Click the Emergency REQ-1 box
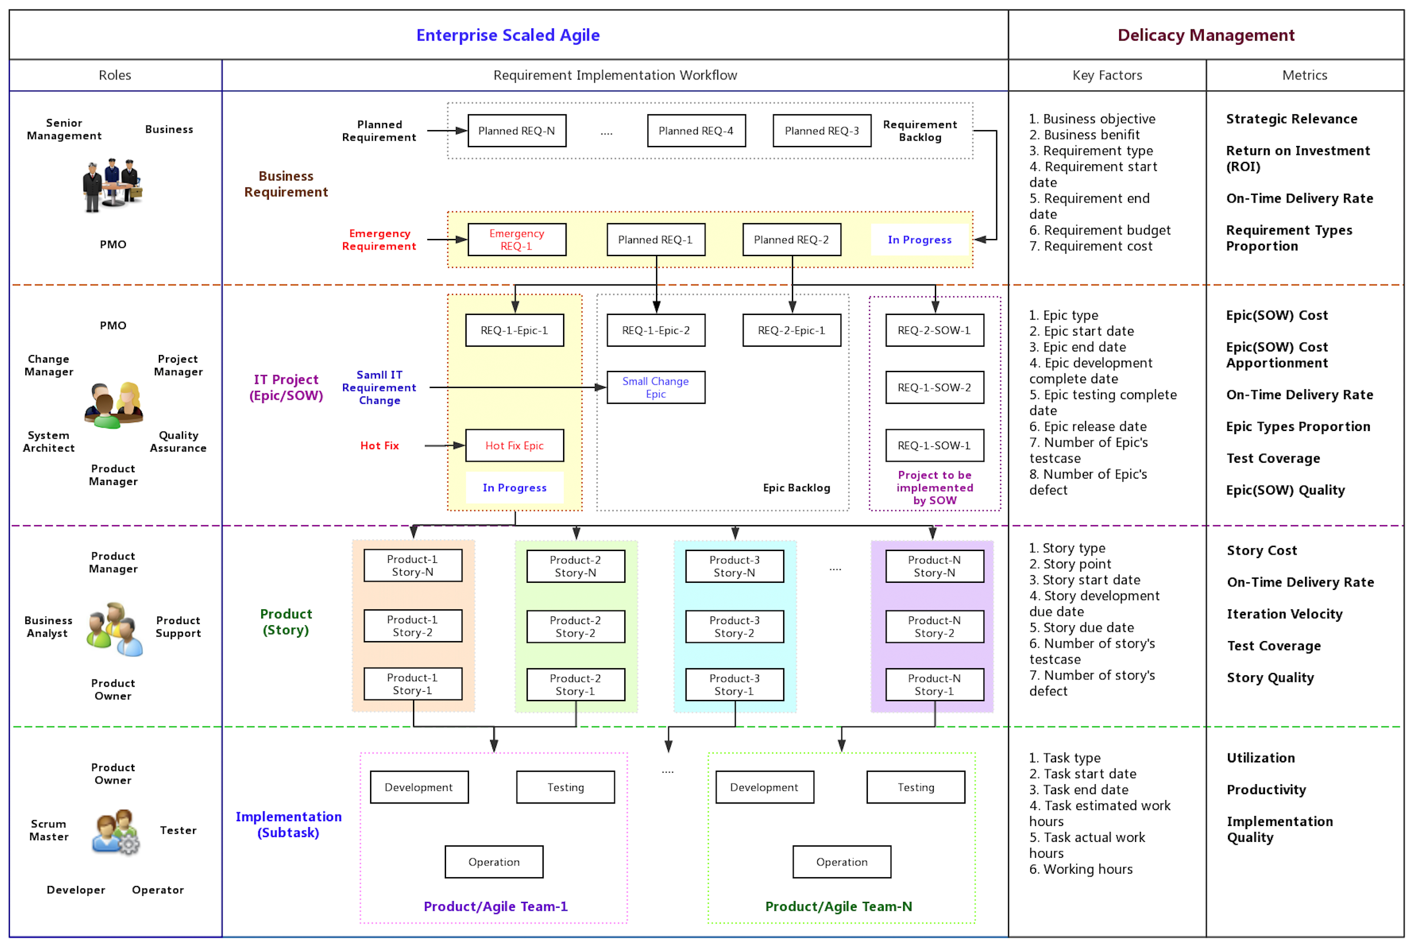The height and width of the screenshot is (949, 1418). [517, 240]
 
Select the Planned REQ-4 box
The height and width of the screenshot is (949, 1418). [696, 131]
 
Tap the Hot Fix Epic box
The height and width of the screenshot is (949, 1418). [514, 446]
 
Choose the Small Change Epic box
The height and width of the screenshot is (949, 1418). [656, 387]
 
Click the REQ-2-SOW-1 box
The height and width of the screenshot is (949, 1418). [935, 330]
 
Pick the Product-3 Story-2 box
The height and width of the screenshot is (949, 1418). [734, 627]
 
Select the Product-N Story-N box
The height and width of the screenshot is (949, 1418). [935, 566]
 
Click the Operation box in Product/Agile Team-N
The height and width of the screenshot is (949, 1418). [842, 862]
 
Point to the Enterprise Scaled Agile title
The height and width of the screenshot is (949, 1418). [508, 35]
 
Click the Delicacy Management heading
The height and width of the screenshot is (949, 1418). [1206, 35]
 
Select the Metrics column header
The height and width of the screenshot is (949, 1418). [1305, 75]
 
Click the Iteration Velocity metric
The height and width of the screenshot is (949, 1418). [1284, 614]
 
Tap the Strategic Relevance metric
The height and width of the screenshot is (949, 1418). [1291, 120]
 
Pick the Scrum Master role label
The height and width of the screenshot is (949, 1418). [49, 830]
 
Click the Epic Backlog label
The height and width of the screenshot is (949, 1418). [796, 488]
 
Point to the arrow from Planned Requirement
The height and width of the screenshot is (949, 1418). [447, 131]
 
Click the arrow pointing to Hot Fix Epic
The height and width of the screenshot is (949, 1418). [445, 446]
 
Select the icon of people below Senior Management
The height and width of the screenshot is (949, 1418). [112, 185]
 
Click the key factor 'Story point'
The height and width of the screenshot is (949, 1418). [1077, 564]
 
